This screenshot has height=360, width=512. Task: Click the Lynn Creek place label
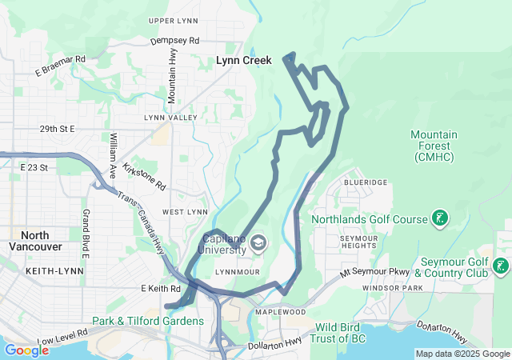tap(244, 60)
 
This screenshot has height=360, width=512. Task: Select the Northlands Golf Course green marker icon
tap(439, 218)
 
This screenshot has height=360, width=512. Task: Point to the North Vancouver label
tap(34, 241)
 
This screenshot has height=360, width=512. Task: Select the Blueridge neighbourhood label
tap(366, 182)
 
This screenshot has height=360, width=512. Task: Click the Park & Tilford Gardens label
tap(148, 321)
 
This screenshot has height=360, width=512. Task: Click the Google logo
tap(26, 350)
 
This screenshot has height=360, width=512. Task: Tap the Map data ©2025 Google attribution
tap(462, 354)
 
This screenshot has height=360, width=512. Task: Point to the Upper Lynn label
tap(173, 20)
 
